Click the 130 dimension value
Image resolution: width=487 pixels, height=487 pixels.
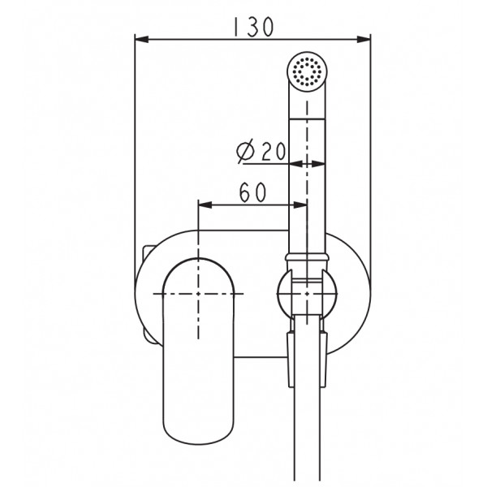[253, 27]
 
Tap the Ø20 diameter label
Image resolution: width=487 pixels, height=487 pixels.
[261, 152]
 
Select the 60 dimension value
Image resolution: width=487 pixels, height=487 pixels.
[253, 192]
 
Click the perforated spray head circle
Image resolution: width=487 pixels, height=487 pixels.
[307, 72]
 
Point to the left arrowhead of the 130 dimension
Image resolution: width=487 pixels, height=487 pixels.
[141, 40]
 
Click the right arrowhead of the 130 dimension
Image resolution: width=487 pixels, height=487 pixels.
[364, 40]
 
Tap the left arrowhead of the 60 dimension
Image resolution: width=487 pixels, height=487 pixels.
[205, 205]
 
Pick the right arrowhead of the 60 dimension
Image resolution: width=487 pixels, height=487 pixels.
[300, 205]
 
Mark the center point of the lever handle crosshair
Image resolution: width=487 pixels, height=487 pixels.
[198, 294]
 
